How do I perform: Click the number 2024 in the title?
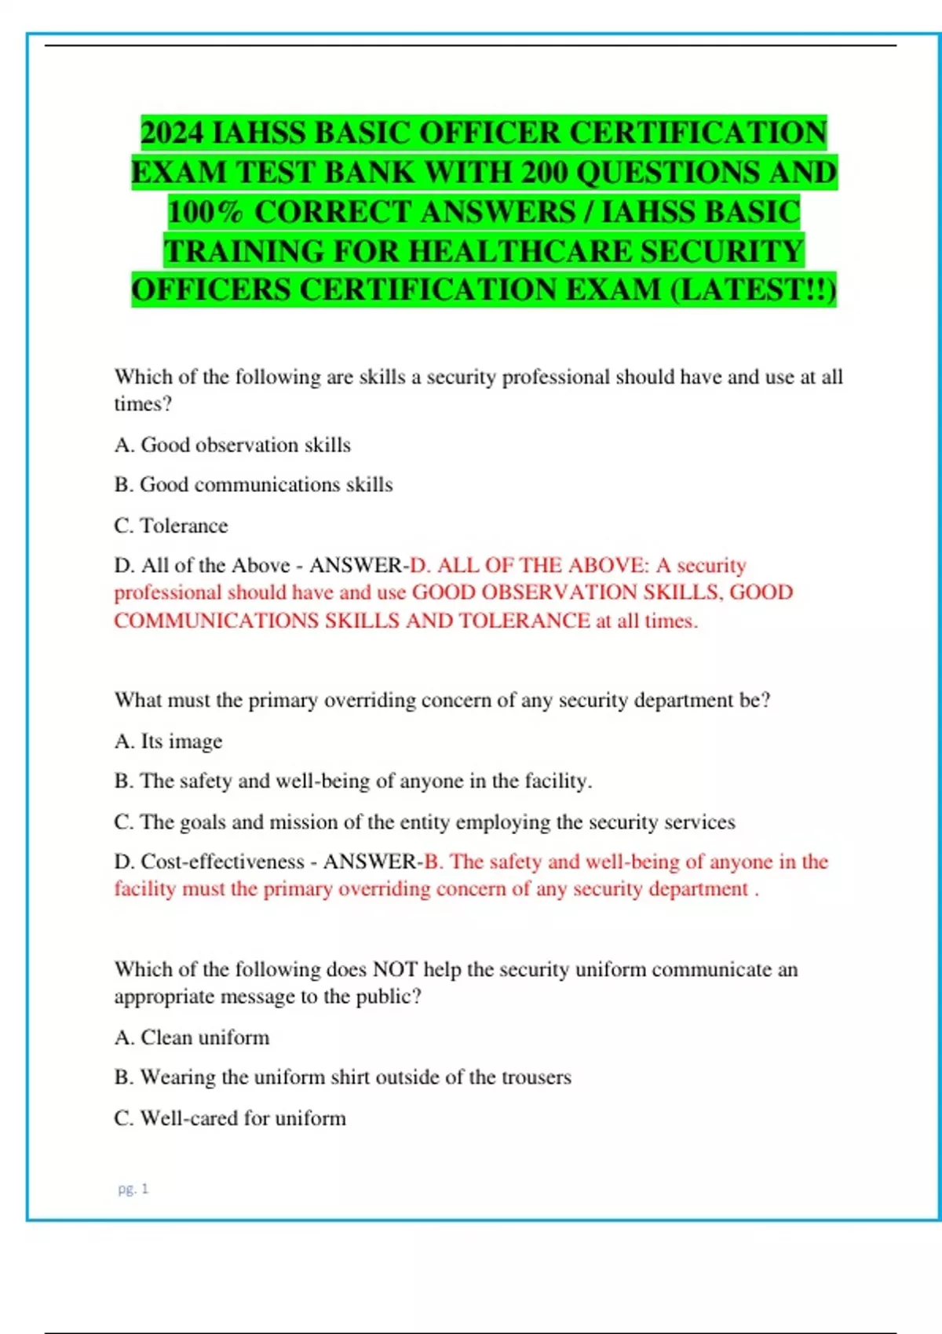coord(172,133)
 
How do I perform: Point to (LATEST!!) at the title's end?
coord(754,290)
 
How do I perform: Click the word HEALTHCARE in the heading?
coord(520,251)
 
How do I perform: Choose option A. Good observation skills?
coord(232,445)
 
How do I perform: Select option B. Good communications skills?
coord(253,485)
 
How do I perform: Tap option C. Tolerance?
coord(171,526)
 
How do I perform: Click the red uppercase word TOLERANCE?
coord(524,621)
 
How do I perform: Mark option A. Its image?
coord(168,742)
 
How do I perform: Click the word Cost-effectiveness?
coord(222,862)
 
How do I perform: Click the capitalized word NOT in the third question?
coord(395,970)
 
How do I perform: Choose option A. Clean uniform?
coord(192,1037)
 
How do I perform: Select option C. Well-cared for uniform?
coord(229,1118)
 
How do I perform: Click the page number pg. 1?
coord(133,1189)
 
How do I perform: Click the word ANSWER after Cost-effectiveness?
coord(373,862)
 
